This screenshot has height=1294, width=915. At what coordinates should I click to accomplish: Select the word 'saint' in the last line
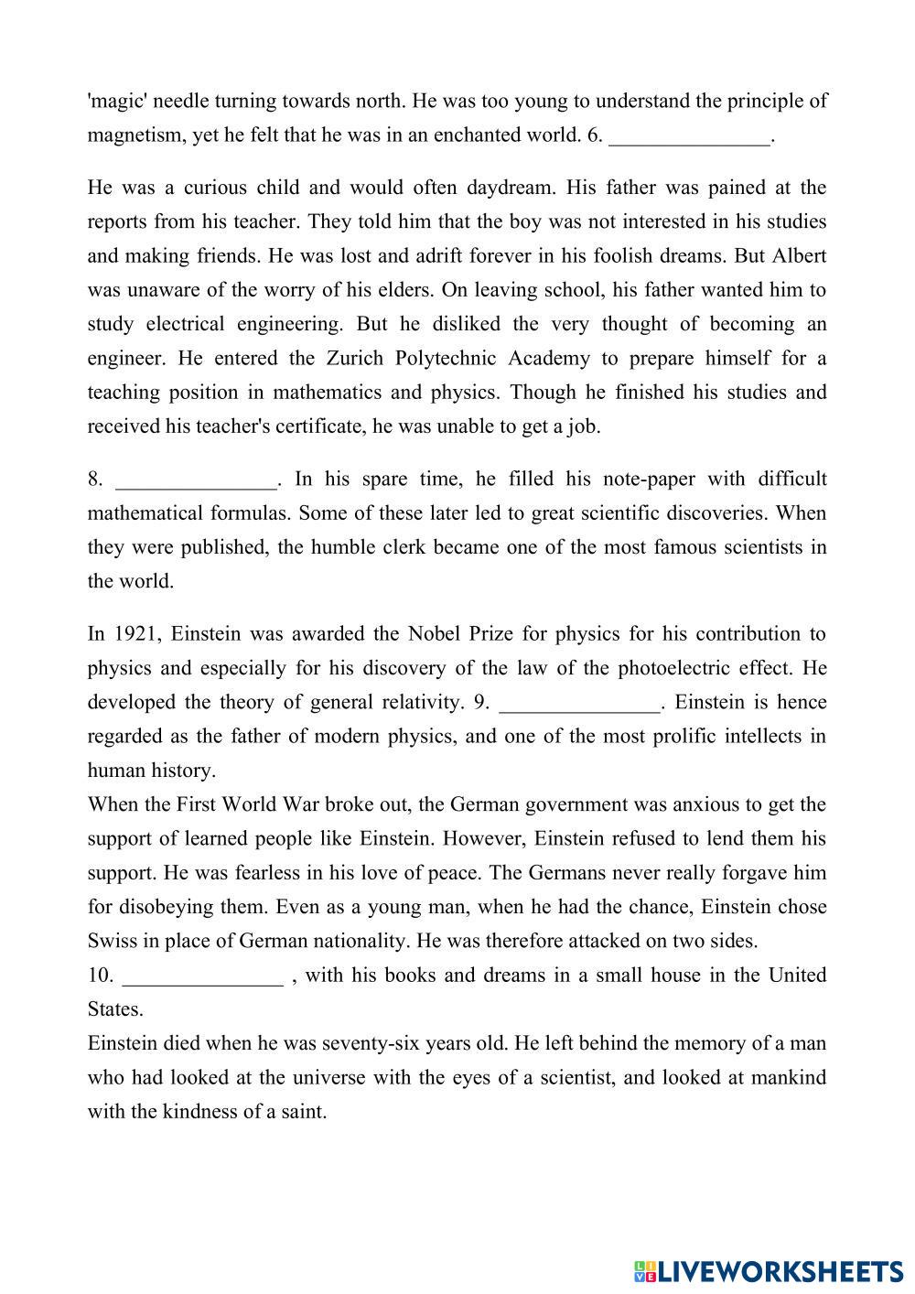pos(302,1112)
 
